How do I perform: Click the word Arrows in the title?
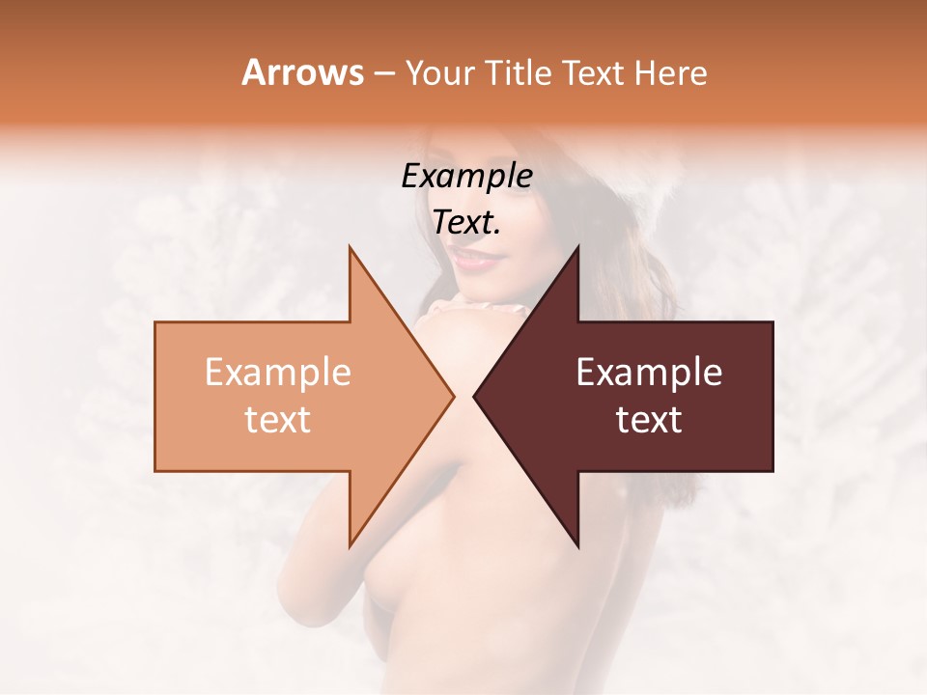tap(302, 72)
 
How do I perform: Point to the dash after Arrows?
tap(383, 73)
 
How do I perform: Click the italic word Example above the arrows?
tap(466, 176)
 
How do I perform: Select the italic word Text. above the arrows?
tap(466, 222)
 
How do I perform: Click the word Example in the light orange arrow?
tap(277, 373)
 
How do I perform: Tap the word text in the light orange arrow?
tap(277, 420)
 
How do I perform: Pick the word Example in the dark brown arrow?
tap(649, 373)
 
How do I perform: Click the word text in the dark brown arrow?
tap(649, 420)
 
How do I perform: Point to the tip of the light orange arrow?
tap(453, 397)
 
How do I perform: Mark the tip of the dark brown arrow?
tap(474, 397)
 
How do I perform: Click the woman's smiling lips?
tap(473, 258)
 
